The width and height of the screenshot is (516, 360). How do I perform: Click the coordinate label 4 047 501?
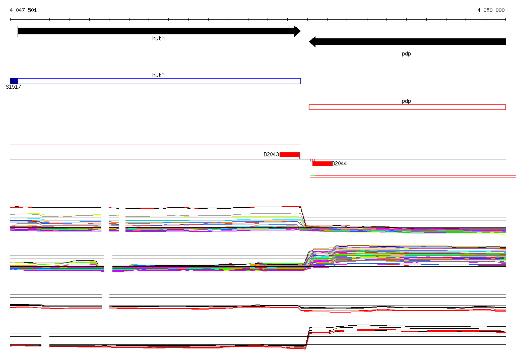point(23,10)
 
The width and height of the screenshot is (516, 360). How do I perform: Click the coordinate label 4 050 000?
point(491,10)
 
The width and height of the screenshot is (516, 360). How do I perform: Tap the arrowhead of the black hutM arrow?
point(297,31)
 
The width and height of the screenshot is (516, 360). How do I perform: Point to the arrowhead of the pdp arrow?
point(312,42)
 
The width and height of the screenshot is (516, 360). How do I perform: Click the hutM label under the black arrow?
point(158,38)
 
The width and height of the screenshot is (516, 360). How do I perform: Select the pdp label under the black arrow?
point(406,53)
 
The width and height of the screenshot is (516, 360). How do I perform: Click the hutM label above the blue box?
point(158,75)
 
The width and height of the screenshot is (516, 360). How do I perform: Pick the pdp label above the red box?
point(406,101)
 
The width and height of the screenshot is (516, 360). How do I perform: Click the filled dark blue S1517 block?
point(14,81)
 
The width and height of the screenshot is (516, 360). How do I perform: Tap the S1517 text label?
point(13,87)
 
